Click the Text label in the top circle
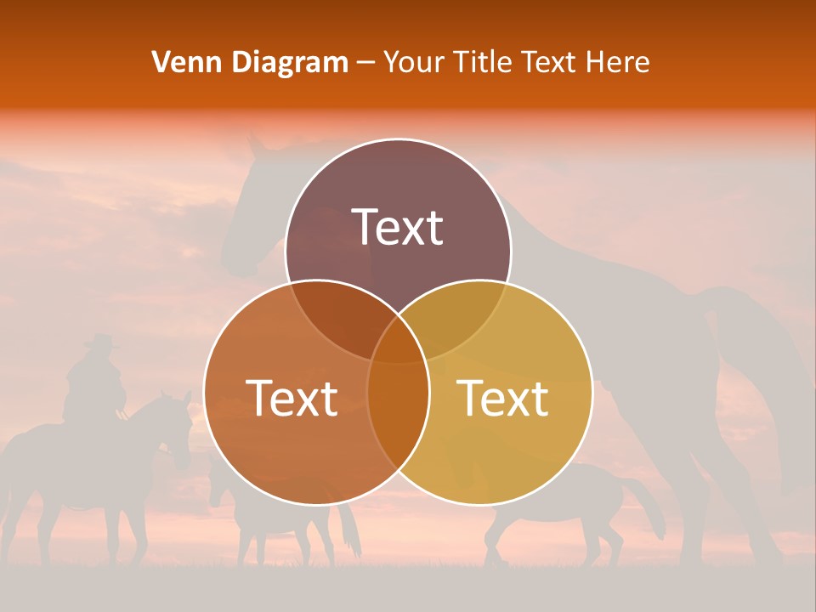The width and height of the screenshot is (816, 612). pos(398,228)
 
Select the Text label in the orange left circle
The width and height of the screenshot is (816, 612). pos(292,398)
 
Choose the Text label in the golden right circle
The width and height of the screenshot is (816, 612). pos(502,398)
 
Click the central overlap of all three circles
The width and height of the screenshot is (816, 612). pos(398,340)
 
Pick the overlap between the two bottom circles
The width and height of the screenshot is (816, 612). pos(398,408)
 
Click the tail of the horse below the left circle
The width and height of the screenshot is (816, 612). pos(348,527)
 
